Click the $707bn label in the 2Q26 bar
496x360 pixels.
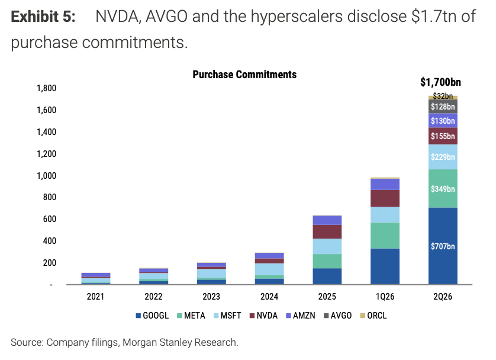[x=443, y=246]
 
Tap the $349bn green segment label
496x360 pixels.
[x=443, y=189]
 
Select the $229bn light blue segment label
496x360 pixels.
[x=443, y=157]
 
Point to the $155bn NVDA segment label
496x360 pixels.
[x=443, y=136]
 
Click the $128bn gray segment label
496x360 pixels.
[x=443, y=107]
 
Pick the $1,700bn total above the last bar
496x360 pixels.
[x=440, y=82]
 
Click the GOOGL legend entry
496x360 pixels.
[x=152, y=316]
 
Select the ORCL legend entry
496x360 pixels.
[x=373, y=316]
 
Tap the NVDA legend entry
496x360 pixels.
[x=263, y=316]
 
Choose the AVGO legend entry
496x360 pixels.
[x=337, y=316]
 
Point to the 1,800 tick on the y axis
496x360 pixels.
[x=46, y=88]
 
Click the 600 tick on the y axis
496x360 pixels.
[x=50, y=219]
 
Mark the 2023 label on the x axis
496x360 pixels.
[x=211, y=297]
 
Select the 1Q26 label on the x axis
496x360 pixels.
[x=385, y=297]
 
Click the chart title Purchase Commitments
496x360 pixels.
[x=244, y=75]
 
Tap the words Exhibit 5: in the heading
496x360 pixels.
[x=43, y=17]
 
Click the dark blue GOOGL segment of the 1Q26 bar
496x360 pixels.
[x=385, y=266]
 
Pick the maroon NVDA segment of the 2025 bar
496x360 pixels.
[x=327, y=232]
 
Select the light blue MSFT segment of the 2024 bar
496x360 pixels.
[x=269, y=269]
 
